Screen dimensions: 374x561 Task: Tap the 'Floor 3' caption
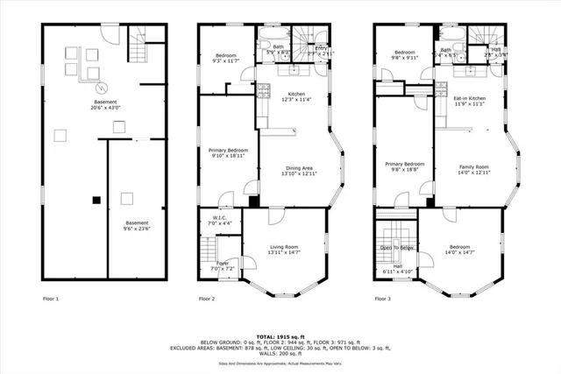(384, 299)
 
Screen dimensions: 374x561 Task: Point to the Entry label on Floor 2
(322, 52)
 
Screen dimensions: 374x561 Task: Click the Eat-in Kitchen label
(470, 101)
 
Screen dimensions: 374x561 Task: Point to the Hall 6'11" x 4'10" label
(397, 270)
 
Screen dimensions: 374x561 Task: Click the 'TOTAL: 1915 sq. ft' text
(280, 335)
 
